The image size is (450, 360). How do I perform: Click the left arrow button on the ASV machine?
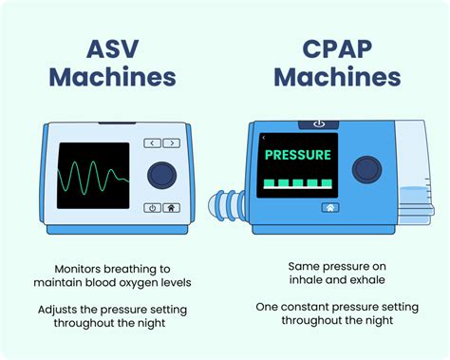151,142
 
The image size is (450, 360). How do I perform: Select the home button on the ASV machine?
171,207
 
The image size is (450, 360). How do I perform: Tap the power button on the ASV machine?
152,207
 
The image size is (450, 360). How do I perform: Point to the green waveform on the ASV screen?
91,177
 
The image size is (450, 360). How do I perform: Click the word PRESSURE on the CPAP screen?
297,154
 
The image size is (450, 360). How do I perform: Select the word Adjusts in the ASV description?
65,310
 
